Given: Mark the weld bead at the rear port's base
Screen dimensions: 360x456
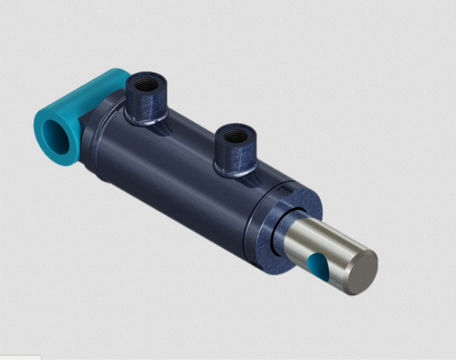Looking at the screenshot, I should (x=143, y=118).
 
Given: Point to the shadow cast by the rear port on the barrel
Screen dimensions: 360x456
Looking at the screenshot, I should (x=169, y=128).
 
